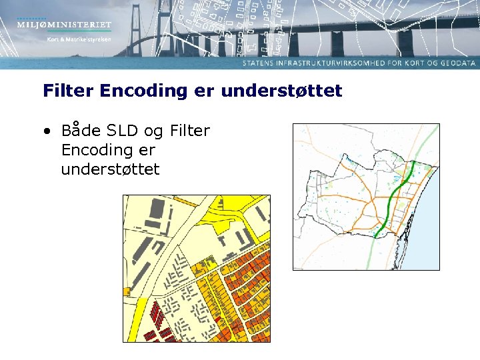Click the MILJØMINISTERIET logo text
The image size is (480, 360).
(65, 25)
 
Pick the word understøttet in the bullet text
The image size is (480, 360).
(110, 169)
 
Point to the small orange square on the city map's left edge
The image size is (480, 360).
(127, 291)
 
